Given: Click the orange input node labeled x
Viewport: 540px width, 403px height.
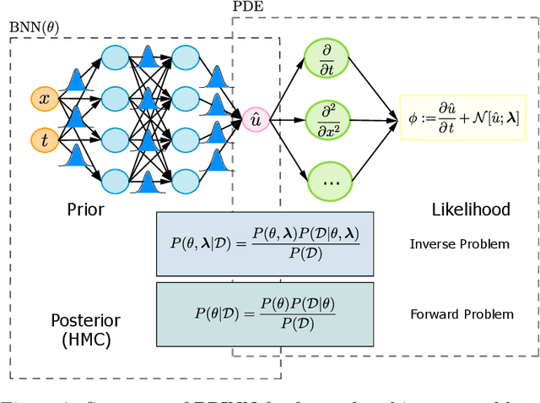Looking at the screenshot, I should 45,99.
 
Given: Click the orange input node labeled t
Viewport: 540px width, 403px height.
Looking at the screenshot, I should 45,137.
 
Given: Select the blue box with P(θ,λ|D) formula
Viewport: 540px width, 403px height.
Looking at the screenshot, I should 264,243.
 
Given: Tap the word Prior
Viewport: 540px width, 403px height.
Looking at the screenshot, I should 85,209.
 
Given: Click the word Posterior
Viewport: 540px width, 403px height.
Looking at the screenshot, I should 84,321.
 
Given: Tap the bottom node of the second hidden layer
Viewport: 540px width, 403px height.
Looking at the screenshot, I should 185,179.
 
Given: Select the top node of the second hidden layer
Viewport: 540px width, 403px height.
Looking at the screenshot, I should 185,58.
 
